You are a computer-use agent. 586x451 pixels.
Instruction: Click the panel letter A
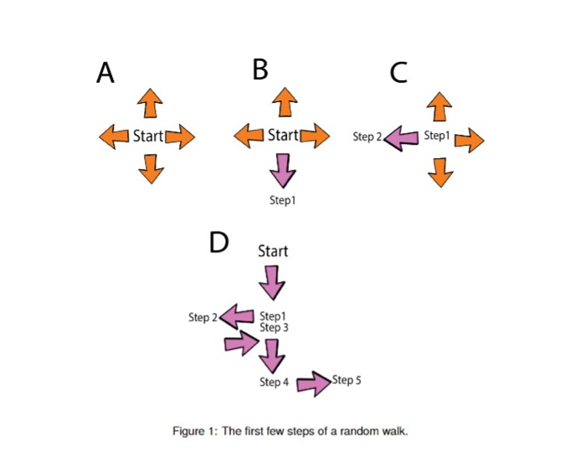105,74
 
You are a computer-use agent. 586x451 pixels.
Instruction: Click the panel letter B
260,70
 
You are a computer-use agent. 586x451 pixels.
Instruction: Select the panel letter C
398,74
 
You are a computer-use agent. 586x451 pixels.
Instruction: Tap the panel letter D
218,243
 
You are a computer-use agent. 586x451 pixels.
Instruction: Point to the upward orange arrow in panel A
149,103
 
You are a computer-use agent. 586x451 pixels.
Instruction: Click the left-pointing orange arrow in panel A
114,135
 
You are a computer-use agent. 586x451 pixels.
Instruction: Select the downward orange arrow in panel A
150,168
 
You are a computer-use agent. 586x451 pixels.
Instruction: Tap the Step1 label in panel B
283,201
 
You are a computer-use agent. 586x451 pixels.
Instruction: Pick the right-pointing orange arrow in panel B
315,135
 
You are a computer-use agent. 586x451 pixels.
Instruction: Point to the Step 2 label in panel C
367,136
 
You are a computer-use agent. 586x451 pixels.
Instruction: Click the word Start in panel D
273,250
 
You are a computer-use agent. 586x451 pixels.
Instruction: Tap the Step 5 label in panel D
347,380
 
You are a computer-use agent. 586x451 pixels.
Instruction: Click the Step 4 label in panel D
274,382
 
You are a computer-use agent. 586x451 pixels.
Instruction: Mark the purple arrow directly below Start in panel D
272,281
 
